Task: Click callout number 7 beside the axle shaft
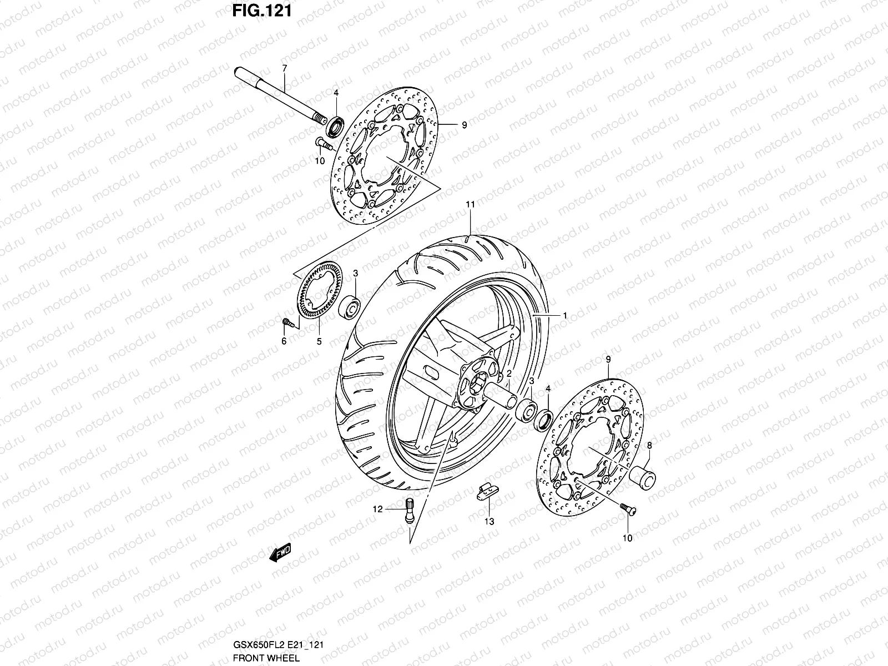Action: (284, 68)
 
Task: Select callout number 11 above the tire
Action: (470, 205)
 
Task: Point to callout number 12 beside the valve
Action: (377, 508)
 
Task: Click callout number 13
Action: (489, 522)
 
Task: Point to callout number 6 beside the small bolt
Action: (284, 341)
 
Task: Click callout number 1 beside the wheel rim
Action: (564, 315)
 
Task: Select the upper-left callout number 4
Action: (335, 92)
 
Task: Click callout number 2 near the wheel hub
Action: (508, 374)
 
